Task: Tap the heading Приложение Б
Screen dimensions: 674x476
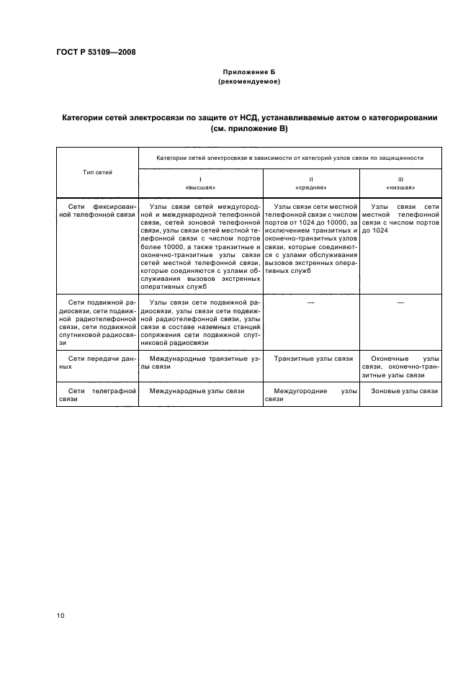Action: click(248, 73)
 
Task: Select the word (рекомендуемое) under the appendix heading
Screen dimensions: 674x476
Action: click(248, 82)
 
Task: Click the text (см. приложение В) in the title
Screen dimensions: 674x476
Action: click(248, 128)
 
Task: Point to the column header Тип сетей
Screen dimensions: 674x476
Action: click(97, 172)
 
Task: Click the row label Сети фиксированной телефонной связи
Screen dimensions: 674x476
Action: click(97, 210)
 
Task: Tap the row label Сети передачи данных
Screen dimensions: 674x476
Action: click(97, 362)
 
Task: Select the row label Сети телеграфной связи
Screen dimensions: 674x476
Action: click(97, 395)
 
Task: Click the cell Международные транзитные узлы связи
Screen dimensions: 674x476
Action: click(200, 362)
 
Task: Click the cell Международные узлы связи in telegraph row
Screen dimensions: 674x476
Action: click(197, 391)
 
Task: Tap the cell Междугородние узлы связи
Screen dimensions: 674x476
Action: click(310, 395)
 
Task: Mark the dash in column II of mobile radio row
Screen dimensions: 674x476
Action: click(310, 302)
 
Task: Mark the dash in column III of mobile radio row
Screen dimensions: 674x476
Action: click(401, 302)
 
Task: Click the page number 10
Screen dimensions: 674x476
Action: click(60, 615)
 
